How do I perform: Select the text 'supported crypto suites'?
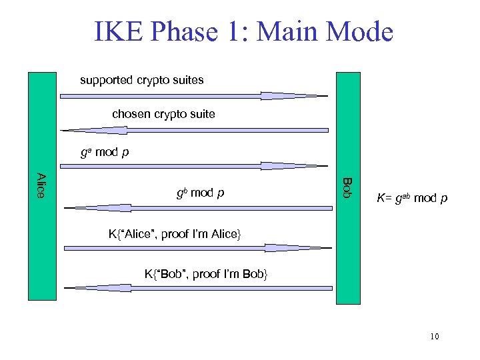click(x=142, y=80)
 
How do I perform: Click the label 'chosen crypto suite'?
click(x=163, y=114)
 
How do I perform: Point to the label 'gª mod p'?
click(x=105, y=152)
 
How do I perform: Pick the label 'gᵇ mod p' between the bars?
click(x=200, y=193)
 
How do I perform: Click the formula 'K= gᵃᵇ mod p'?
click(x=412, y=198)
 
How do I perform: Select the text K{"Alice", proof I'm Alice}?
click(x=174, y=233)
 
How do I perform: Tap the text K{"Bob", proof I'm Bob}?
click(x=206, y=273)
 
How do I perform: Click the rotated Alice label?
click(x=41, y=185)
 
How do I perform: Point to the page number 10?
click(x=434, y=336)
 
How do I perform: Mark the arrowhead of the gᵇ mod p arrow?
click(x=93, y=208)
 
